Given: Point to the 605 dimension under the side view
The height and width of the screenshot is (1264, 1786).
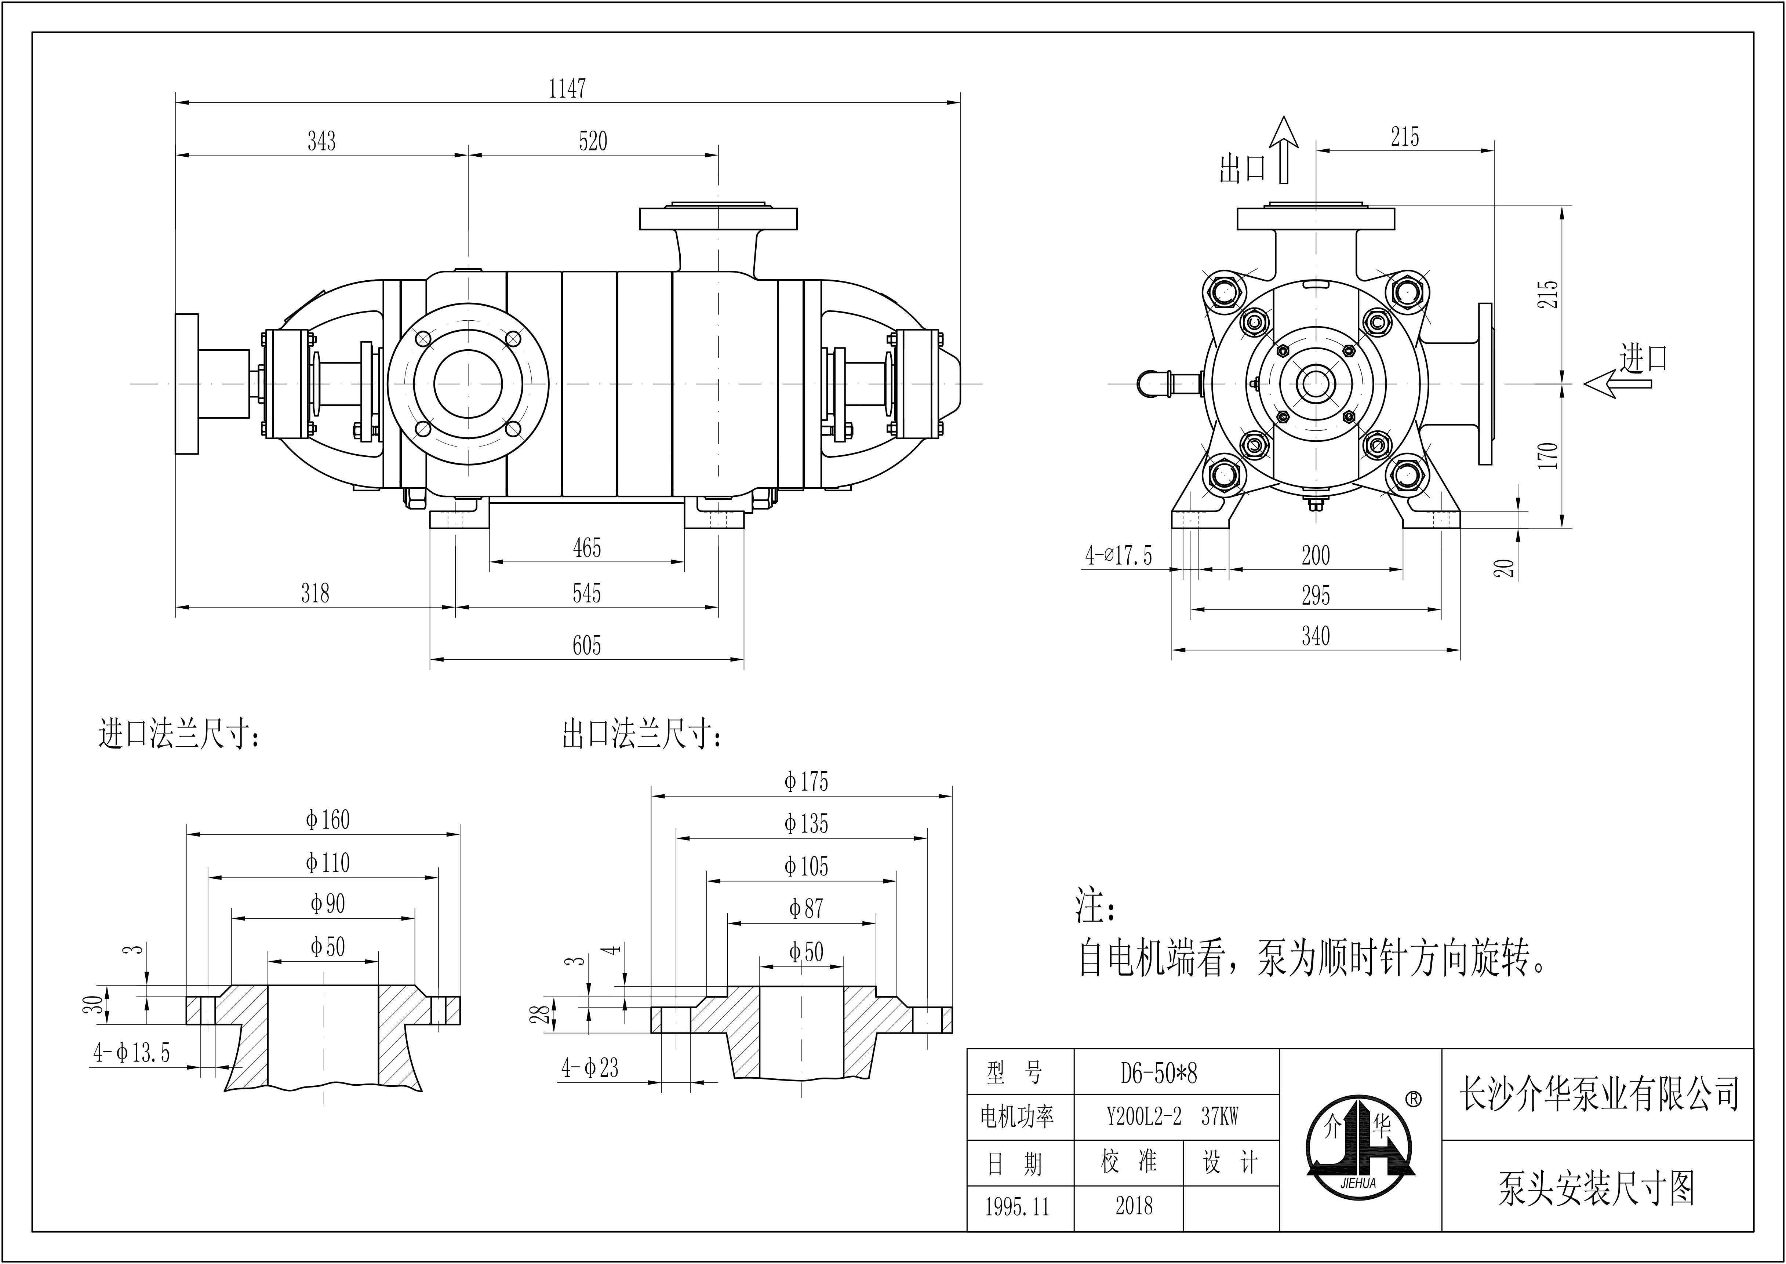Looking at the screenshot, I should (x=587, y=645).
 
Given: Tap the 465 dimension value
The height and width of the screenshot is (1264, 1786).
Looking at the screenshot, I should (x=587, y=548).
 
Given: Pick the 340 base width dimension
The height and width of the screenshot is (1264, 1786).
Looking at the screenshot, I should (x=1315, y=636).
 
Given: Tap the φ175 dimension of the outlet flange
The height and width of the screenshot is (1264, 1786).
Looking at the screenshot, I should (x=806, y=782).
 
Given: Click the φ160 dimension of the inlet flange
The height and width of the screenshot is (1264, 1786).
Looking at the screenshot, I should (x=328, y=820).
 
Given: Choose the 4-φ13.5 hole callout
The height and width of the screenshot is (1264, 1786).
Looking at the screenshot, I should (x=131, y=1053).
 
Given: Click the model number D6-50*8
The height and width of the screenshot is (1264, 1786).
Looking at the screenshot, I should (x=1159, y=1073).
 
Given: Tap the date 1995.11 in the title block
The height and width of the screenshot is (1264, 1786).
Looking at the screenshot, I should (x=1017, y=1207).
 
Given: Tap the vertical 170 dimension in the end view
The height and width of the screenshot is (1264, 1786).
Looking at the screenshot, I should (x=1549, y=455).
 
